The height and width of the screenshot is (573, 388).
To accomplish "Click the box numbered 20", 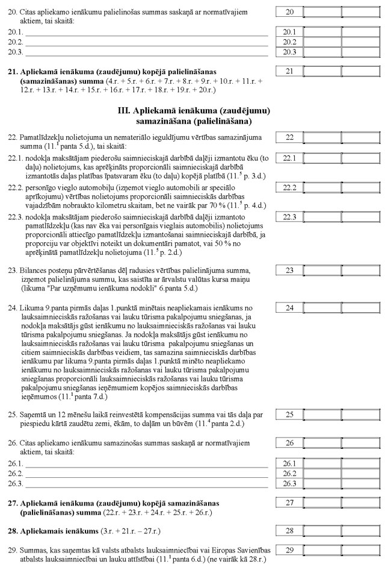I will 290,12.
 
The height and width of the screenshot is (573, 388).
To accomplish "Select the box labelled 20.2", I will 290,42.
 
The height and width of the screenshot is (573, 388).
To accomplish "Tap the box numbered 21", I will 290,72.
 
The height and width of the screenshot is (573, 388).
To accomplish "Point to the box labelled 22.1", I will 290,158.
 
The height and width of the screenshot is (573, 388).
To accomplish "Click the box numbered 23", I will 290,270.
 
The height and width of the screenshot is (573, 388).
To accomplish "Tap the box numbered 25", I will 290,415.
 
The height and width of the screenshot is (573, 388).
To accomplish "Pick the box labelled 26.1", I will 290,463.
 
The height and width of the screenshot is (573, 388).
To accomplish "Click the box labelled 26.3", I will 290,483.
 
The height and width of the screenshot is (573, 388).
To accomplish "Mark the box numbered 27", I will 290,503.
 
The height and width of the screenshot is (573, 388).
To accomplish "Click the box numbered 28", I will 290,531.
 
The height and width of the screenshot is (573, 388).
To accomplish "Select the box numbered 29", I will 290,550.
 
